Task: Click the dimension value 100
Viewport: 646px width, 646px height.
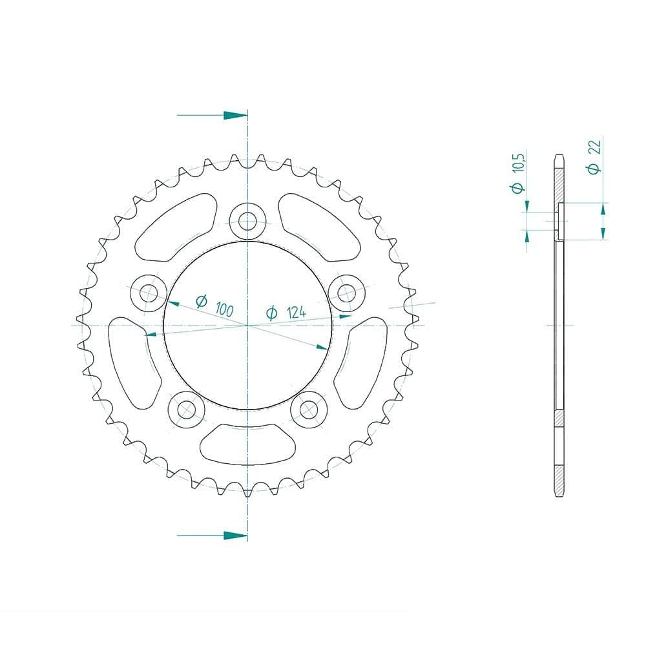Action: click(225, 309)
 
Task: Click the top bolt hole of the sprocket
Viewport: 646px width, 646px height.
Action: click(247, 221)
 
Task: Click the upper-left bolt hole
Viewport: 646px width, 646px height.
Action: click(149, 293)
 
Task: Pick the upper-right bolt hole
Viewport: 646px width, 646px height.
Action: click(347, 293)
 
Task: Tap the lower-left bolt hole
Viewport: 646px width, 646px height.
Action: click(187, 410)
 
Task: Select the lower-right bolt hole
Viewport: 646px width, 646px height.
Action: click(309, 410)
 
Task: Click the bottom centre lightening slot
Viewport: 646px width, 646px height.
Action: click(247, 444)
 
